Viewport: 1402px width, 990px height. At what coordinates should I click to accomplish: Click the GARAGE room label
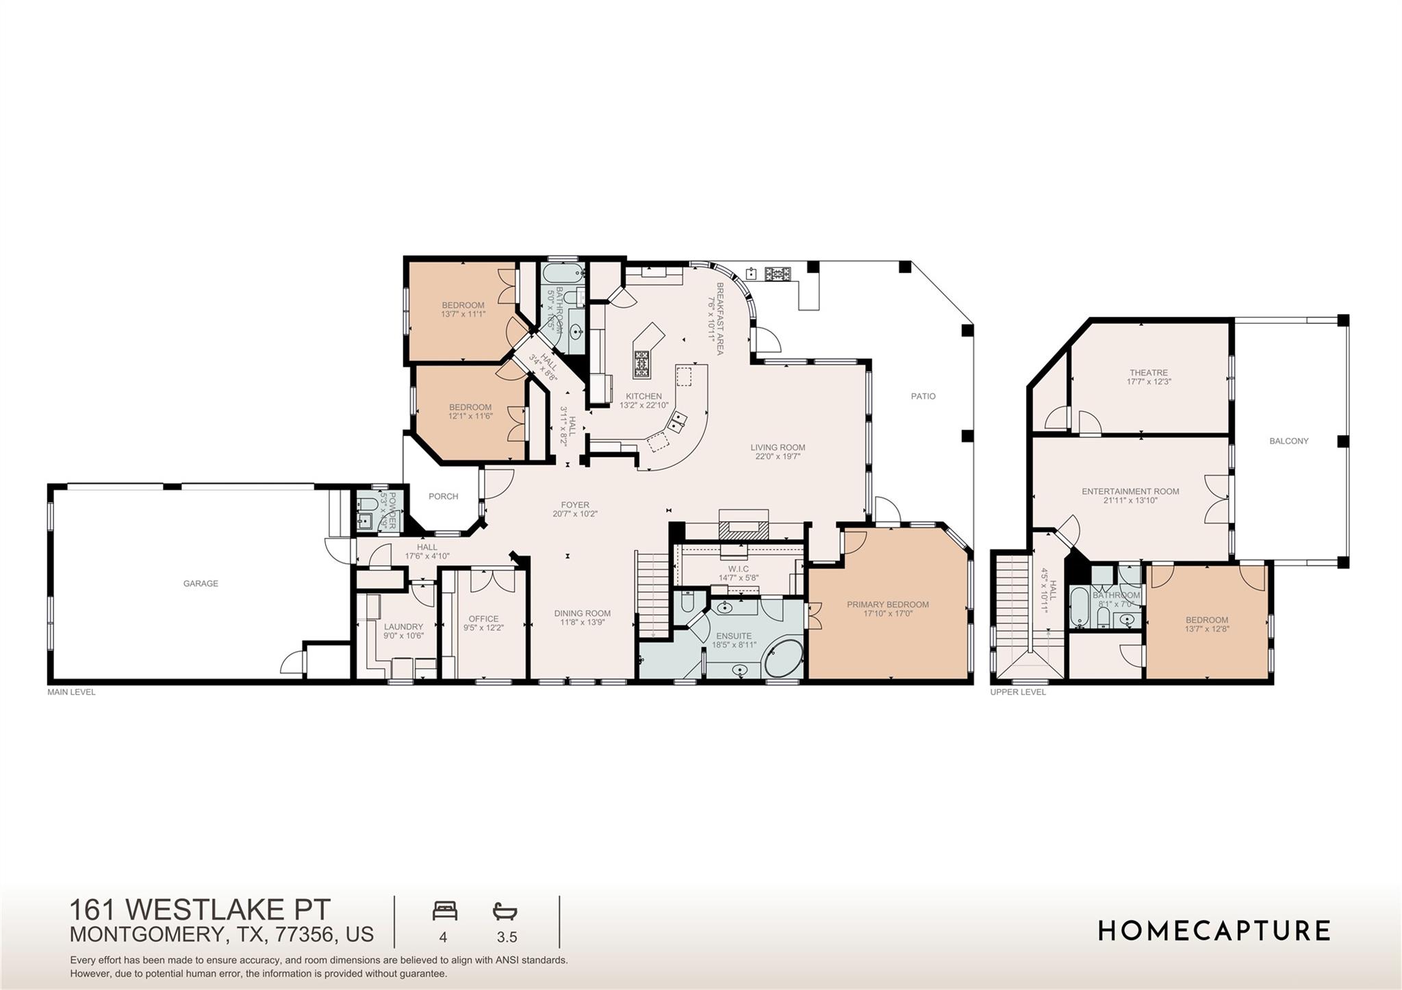click(x=201, y=584)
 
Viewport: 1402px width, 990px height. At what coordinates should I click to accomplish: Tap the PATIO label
click(x=923, y=396)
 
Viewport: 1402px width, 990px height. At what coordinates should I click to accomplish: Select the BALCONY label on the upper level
click(x=1288, y=441)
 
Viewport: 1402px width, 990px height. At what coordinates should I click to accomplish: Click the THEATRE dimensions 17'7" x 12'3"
click(x=1149, y=382)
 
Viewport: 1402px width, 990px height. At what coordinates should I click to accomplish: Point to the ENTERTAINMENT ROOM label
click(x=1130, y=491)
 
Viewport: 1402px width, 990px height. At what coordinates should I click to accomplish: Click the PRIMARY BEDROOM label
click(x=887, y=605)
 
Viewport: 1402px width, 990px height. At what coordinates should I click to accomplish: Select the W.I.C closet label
click(x=738, y=569)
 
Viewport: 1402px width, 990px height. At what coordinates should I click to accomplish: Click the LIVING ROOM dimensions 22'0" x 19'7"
click(x=778, y=456)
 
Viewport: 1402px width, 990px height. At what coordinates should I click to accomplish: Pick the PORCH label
click(x=443, y=497)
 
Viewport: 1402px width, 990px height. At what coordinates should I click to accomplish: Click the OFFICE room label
click(x=483, y=619)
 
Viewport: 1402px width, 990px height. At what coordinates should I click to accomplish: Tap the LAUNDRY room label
click(x=403, y=627)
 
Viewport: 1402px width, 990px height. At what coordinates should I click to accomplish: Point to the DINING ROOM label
click(x=582, y=614)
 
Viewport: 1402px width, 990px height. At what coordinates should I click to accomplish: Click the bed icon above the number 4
click(x=444, y=911)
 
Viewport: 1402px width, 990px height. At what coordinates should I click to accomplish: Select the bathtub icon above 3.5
click(x=505, y=911)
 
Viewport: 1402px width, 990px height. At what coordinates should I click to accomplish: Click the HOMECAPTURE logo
click(x=1214, y=930)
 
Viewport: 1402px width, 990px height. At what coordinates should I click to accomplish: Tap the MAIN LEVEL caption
click(x=71, y=692)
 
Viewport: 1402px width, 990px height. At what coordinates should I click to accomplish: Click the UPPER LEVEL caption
click(x=1017, y=692)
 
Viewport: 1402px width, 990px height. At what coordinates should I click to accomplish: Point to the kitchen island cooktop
click(x=641, y=364)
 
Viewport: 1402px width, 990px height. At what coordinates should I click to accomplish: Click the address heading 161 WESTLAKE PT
click(x=200, y=910)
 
